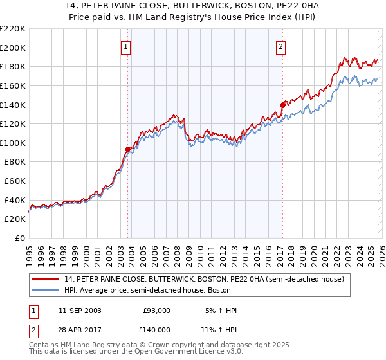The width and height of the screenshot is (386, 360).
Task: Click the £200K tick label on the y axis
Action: click(x=13, y=48)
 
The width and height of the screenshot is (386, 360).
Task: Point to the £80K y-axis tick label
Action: click(x=15, y=162)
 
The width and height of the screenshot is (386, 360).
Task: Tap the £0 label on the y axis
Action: click(x=20, y=238)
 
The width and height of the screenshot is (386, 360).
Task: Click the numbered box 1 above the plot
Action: click(x=126, y=46)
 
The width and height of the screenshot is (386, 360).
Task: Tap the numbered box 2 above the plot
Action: click(x=281, y=46)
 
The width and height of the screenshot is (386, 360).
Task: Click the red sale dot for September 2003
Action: click(x=127, y=149)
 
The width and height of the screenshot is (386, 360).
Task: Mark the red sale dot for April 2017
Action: click(x=282, y=104)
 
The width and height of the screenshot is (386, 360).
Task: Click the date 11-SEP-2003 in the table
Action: click(x=79, y=310)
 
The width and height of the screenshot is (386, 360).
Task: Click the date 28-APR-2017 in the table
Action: click(x=79, y=328)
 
